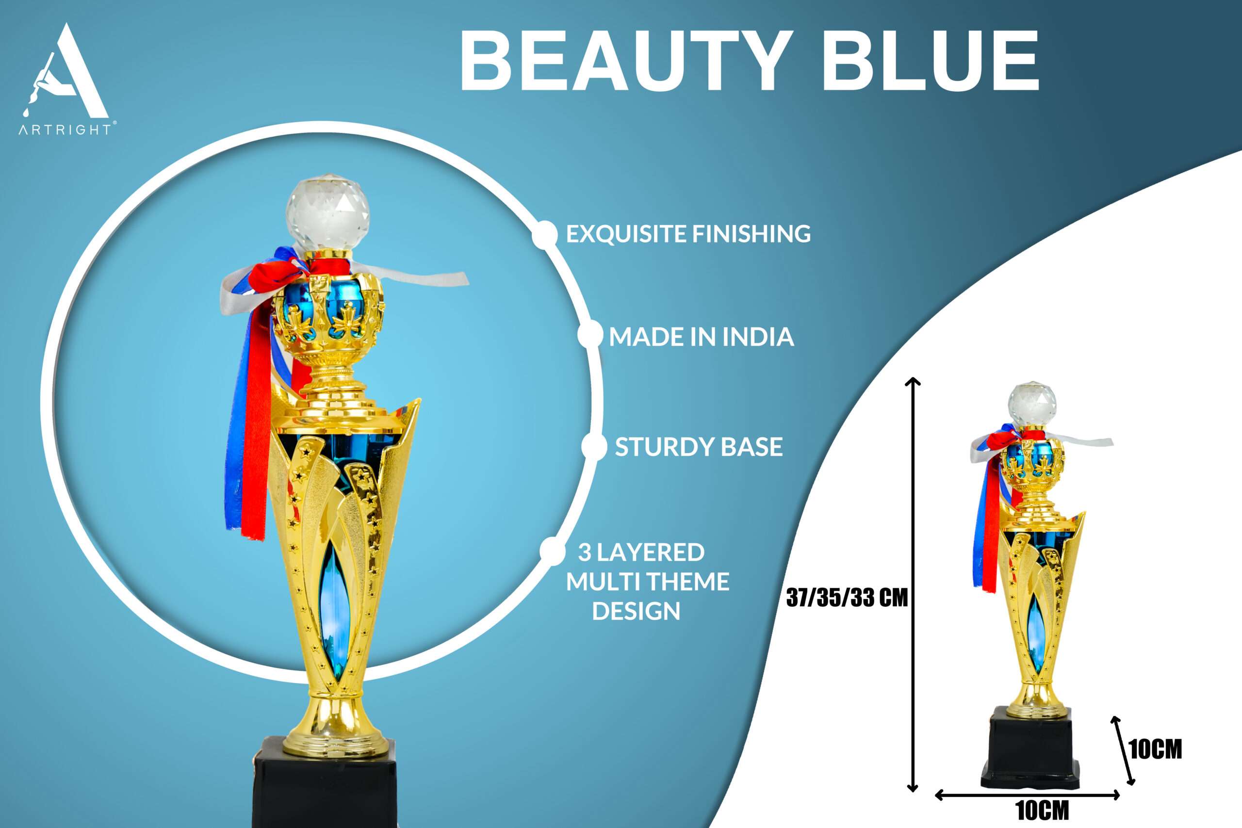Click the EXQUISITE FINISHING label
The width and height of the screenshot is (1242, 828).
tap(688, 234)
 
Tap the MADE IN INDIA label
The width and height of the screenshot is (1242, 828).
tap(701, 337)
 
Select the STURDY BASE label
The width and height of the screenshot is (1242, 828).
tap(698, 447)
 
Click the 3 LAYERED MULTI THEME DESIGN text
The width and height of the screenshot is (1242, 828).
tap(647, 582)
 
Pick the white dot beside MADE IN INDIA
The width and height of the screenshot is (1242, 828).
tap(590, 335)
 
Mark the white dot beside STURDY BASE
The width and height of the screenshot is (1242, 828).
tap(594, 447)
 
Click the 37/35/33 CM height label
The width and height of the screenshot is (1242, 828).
tap(847, 598)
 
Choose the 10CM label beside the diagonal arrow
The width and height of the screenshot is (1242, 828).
tap(1155, 749)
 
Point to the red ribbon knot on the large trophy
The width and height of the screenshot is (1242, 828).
tap(280, 275)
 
